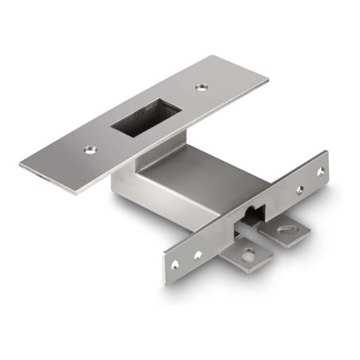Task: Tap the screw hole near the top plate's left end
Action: [x=91, y=148]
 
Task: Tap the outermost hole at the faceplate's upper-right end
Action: [x=320, y=170]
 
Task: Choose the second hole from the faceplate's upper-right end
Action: [x=299, y=190]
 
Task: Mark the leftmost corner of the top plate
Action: [x=20, y=165]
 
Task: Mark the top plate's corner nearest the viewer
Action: [x=76, y=193]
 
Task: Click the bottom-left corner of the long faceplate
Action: [x=166, y=284]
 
